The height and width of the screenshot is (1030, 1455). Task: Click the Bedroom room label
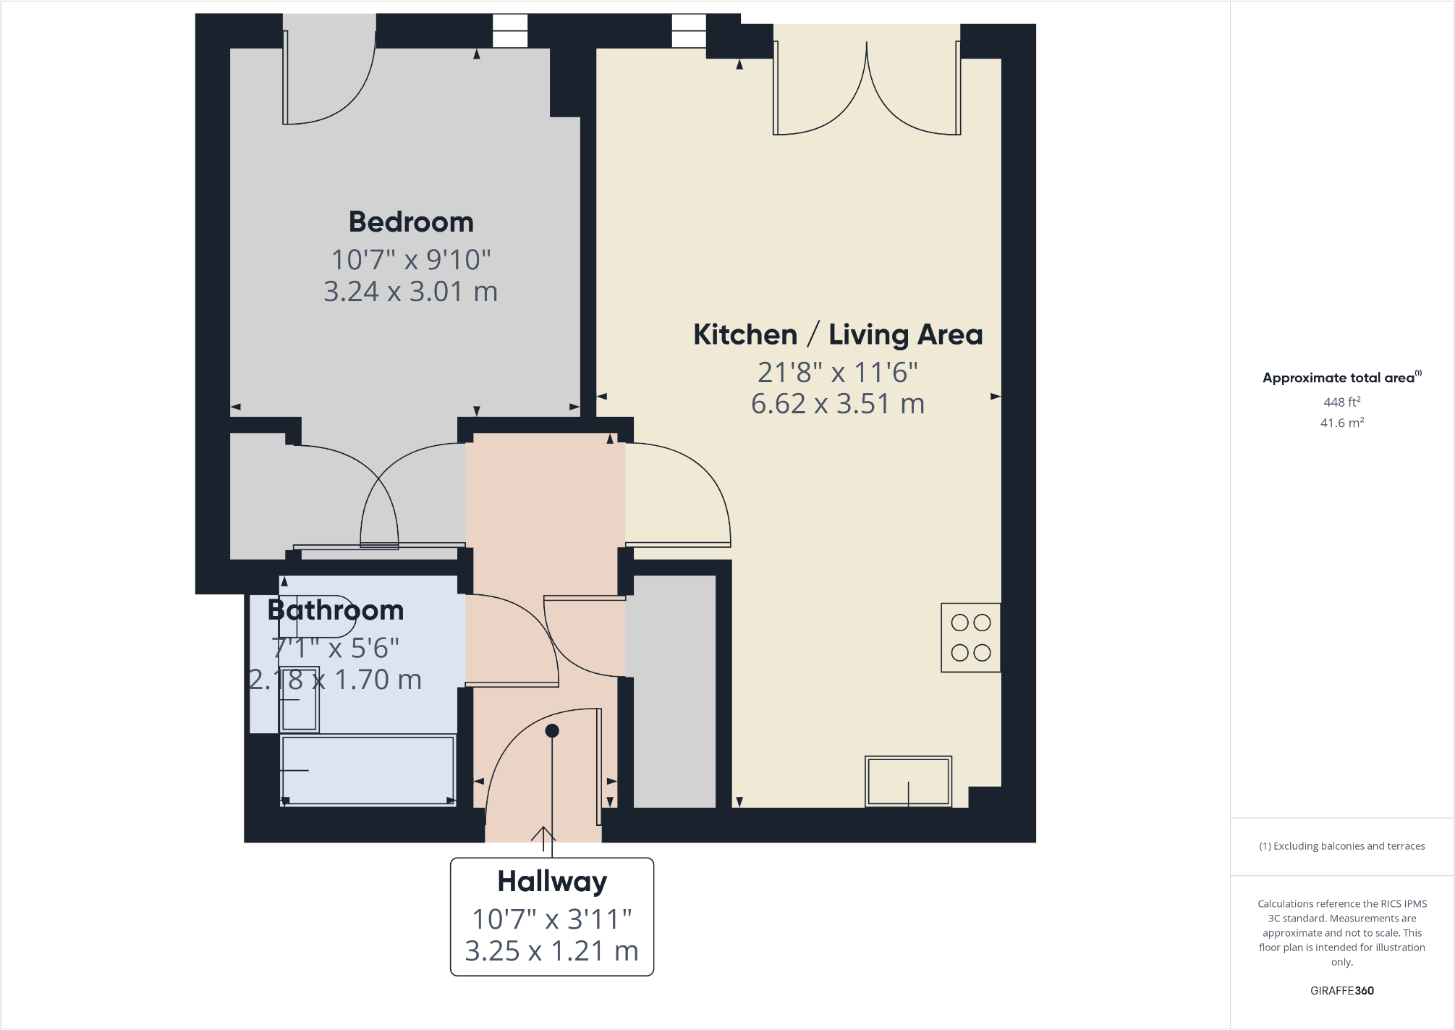point(411,222)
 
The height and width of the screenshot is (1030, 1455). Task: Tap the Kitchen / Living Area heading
point(838,335)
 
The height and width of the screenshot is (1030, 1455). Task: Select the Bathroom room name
point(336,611)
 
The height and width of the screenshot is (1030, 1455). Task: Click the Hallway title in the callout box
point(552,882)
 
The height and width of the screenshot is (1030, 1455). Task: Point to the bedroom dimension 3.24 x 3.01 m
point(410,292)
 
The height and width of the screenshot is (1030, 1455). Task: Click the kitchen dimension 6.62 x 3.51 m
point(838,404)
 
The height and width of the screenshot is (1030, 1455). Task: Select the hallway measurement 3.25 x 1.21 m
point(552,951)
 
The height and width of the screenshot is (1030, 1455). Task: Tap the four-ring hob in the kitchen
point(970,638)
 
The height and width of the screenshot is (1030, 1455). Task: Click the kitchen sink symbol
point(908,782)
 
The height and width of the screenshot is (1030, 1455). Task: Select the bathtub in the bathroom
point(368,770)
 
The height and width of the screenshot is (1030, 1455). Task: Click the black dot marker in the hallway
point(552,731)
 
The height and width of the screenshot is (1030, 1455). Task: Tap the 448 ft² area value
point(1341,402)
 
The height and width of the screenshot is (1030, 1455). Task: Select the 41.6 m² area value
point(1341,423)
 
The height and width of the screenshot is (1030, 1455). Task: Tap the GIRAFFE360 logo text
point(1341,991)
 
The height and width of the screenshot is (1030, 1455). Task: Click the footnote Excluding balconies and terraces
point(1341,846)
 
